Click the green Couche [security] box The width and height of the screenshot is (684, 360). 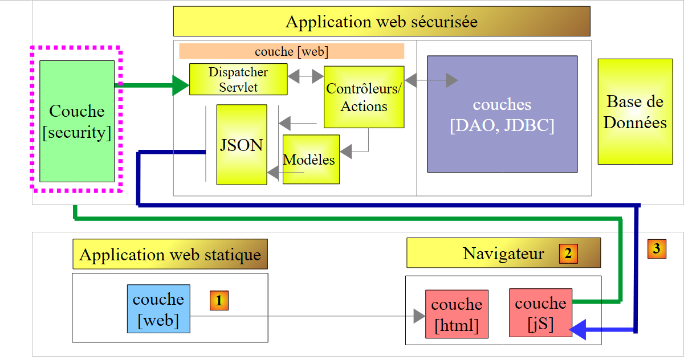pyautogui.click(x=77, y=121)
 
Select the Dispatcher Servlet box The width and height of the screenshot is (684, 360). pyautogui.click(x=238, y=79)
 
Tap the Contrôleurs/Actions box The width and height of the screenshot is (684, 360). pyautogui.click(x=364, y=97)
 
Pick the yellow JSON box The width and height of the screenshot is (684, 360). pyautogui.click(x=241, y=145)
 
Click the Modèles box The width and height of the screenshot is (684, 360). pyautogui.click(x=311, y=159)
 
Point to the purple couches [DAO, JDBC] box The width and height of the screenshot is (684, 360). pyautogui.click(x=502, y=114)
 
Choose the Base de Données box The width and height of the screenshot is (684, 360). pyautogui.click(x=635, y=112)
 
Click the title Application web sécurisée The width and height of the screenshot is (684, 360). pyautogui.click(x=381, y=22)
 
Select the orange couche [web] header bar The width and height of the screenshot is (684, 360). pyautogui.click(x=291, y=51)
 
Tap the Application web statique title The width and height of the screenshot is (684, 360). pyautogui.click(x=170, y=254)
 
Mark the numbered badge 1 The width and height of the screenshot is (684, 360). pyautogui.click(x=219, y=300)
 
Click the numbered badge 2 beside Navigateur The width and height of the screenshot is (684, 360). pyautogui.click(x=568, y=253)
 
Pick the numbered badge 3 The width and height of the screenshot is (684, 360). pyautogui.click(x=657, y=248)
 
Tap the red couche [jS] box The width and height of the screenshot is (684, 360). pyautogui.click(x=540, y=312)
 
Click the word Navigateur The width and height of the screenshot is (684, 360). pyautogui.click(x=503, y=253)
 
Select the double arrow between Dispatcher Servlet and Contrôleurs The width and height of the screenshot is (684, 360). pyautogui.click(x=306, y=76)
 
